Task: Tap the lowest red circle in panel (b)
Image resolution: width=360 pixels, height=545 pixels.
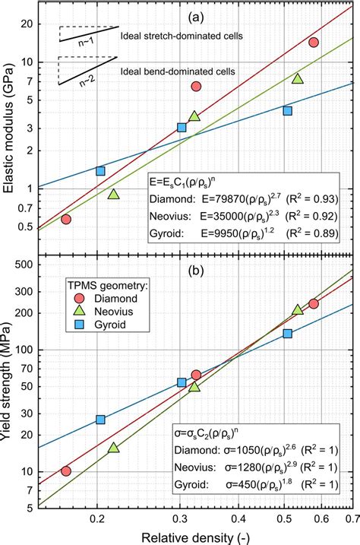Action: (x=66, y=471)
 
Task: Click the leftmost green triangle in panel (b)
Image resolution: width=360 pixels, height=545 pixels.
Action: (x=114, y=448)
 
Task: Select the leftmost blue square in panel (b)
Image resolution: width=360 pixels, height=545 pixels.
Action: (x=100, y=420)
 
